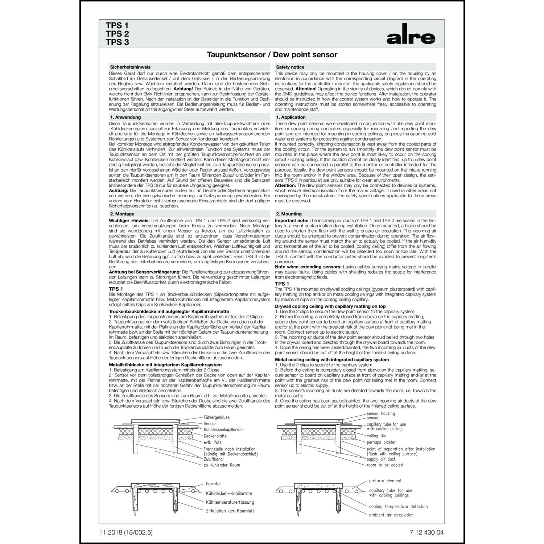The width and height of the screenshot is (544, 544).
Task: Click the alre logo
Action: click(x=411, y=37)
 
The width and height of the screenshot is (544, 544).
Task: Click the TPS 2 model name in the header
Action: click(x=117, y=34)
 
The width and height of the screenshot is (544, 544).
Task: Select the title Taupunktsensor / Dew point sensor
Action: click(x=272, y=55)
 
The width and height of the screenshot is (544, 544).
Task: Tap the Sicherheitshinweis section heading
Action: click(x=130, y=67)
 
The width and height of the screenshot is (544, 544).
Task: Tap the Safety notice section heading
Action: click(x=290, y=67)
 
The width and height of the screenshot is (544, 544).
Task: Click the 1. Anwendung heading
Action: click(x=125, y=117)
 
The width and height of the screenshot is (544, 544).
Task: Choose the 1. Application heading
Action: click(x=291, y=117)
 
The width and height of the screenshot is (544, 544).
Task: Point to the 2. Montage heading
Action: click(x=122, y=214)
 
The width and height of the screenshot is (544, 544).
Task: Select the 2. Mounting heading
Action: click(x=289, y=214)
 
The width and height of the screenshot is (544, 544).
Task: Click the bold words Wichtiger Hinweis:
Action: click(x=129, y=221)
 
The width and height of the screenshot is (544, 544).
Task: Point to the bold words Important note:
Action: click(x=292, y=221)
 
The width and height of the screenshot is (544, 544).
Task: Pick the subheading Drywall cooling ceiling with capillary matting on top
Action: click(x=330, y=306)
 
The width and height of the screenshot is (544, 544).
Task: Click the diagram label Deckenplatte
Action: click(x=215, y=436)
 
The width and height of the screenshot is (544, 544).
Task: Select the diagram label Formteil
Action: click(x=214, y=484)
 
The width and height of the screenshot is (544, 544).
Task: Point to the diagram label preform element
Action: click(x=385, y=481)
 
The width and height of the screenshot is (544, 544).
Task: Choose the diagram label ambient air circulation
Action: click(x=391, y=515)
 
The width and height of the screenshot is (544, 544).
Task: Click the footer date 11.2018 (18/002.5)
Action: click(x=126, y=532)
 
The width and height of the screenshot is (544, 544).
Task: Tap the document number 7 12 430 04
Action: click(x=426, y=532)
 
